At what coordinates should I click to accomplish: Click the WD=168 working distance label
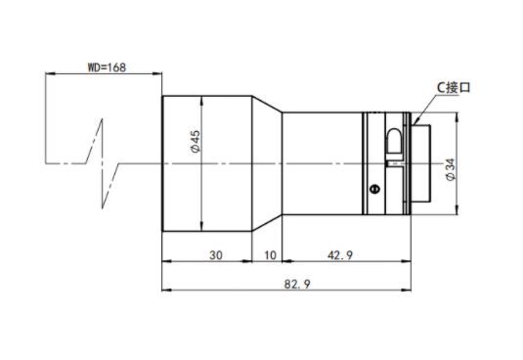[107, 67]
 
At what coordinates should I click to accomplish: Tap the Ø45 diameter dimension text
[196, 142]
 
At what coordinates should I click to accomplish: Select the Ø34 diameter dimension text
[451, 170]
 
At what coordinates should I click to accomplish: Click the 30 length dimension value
[216, 255]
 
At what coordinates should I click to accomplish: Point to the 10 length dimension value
[270, 255]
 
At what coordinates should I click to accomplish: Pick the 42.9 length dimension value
[340, 255]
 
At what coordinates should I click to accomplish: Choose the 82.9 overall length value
[297, 284]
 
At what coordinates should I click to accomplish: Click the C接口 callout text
[454, 87]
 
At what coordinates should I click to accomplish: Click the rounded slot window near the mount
[394, 141]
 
